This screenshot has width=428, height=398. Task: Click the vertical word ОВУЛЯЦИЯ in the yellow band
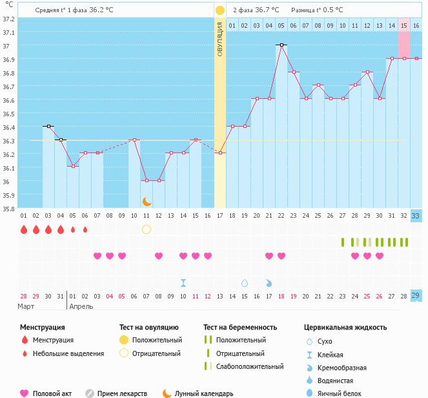tap(220, 39)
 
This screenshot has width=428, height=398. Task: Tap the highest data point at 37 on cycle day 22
tap(281, 45)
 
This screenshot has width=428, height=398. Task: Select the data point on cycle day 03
tap(48, 126)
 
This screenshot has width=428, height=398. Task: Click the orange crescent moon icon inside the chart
tap(147, 202)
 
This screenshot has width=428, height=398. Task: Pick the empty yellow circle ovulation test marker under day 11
tap(147, 229)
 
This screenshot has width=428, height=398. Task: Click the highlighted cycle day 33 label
tap(416, 216)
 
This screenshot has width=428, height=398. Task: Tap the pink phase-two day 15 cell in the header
tap(404, 25)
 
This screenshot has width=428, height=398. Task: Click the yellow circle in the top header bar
tap(220, 10)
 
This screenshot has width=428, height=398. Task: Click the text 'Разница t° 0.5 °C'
tap(317, 10)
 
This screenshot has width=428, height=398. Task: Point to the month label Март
tap(26, 306)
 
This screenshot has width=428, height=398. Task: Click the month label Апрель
tap(81, 306)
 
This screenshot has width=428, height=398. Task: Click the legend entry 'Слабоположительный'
tap(250, 366)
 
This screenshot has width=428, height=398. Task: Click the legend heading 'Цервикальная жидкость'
tap(345, 327)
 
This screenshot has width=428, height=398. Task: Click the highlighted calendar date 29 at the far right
tap(416, 295)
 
